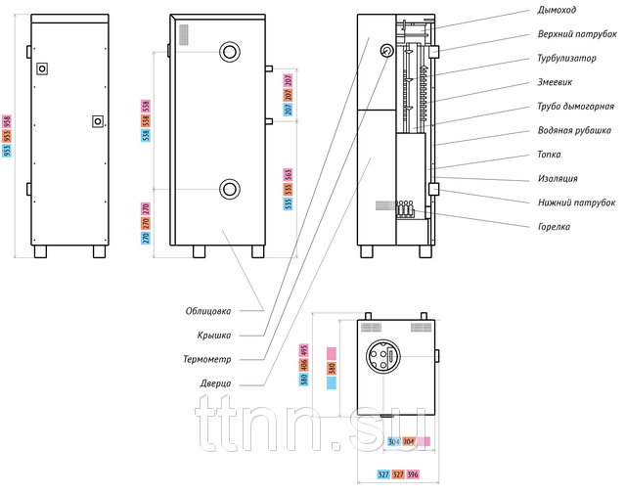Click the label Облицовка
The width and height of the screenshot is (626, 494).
coord(208,312)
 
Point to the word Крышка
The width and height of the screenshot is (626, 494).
coord(214,336)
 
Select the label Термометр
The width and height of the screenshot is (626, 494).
coord(206,359)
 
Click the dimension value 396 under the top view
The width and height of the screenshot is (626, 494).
coord(413,474)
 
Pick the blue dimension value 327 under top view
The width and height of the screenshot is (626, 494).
coord(383,474)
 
